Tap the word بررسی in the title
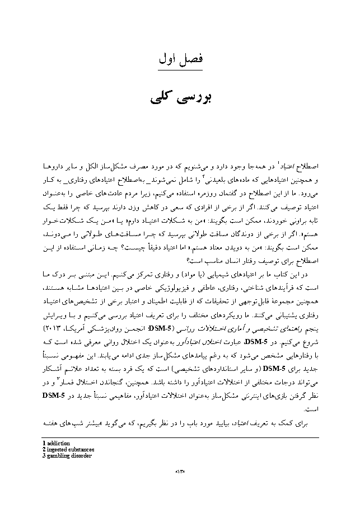point(193,96)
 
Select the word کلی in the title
point(161,96)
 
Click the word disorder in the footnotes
point(81,455)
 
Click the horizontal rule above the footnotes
point(180,437)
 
